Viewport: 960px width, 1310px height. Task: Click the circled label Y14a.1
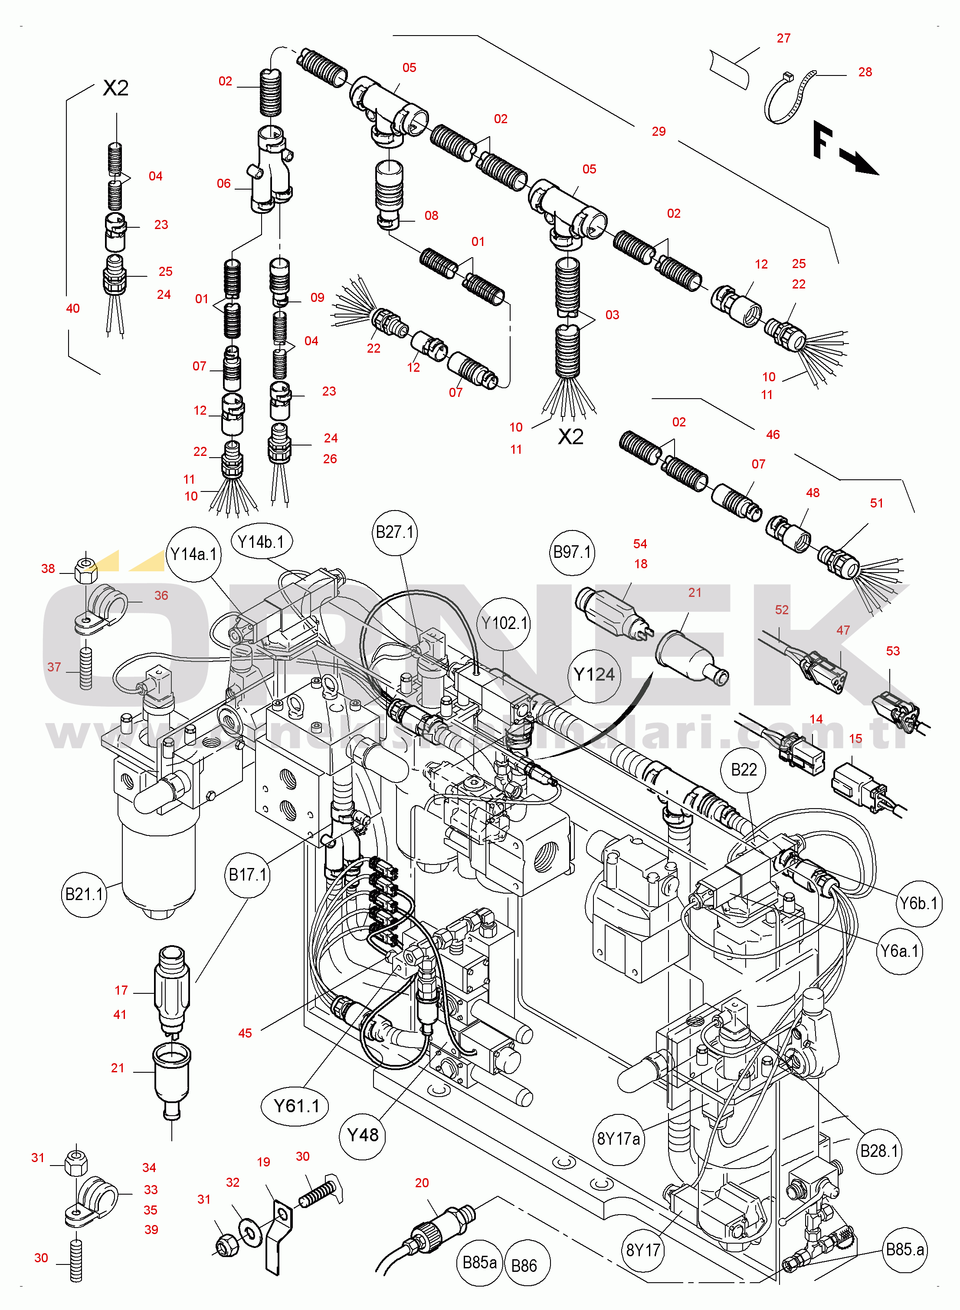193,554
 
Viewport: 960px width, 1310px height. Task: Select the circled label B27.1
395,533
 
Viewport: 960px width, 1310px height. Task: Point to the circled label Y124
594,675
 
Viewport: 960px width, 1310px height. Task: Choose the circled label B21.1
84,894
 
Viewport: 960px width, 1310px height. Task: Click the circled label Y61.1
296,1106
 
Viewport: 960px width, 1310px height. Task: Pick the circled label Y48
362,1135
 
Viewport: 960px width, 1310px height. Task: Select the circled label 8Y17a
619,1139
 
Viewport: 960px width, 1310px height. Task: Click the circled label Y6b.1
919,904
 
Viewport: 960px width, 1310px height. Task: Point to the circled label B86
524,1266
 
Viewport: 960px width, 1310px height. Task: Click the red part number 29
659,132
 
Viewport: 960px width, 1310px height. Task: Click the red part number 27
784,38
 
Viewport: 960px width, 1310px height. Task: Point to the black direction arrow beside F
860,163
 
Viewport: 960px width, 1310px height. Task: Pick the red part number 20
422,1183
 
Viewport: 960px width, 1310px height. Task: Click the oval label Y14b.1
262,542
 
